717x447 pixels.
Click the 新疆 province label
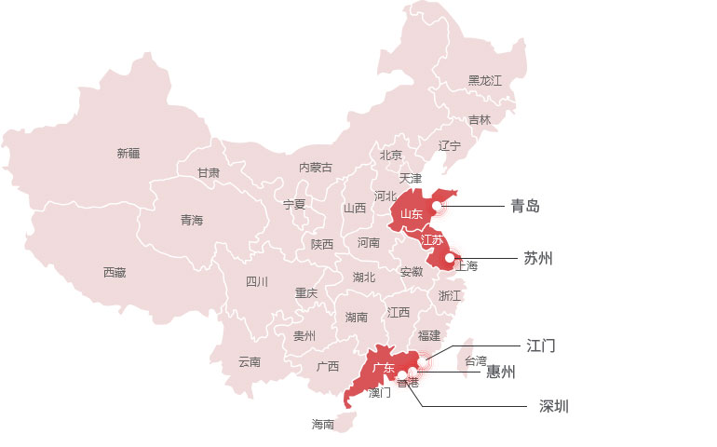pyautogui.click(x=129, y=153)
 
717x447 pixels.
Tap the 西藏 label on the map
pyautogui.click(x=115, y=273)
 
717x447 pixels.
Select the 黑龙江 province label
pyautogui.click(x=484, y=81)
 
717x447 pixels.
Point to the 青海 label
pyautogui.click(x=192, y=221)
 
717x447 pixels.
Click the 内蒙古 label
pyautogui.click(x=315, y=168)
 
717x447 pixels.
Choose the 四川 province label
pyautogui.click(x=257, y=281)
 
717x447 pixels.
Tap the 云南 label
pyautogui.click(x=249, y=361)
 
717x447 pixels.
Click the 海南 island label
pyautogui.click(x=323, y=425)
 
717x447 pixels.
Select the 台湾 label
pyautogui.click(x=475, y=360)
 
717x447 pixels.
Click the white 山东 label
pyautogui.click(x=412, y=215)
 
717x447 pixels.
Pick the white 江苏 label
pyautogui.click(x=432, y=240)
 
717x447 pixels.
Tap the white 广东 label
pyautogui.click(x=384, y=369)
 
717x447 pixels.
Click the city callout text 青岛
pyautogui.click(x=525, y=206)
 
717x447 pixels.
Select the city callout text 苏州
pyautogui.click(x=538, y=258)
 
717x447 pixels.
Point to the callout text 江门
pyautogui.click(x=541, y=345)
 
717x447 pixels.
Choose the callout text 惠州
pyautogui.click(x=501, y=372)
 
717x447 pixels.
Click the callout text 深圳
pyautogui.click(x=554, y=406)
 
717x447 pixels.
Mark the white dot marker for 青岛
pyautogui.click(x=437, y=206)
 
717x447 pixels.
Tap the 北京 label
pyautogui.click(x=391, y=155)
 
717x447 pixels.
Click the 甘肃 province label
pyautogui.click(x=209, y=172)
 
